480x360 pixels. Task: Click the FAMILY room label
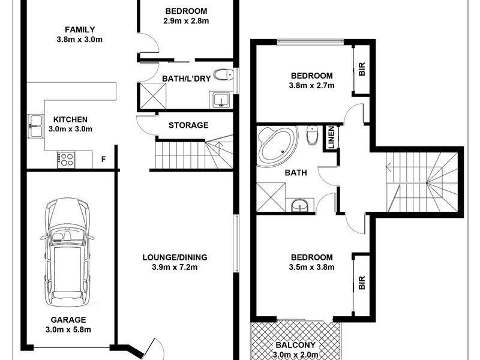tap(80, 30)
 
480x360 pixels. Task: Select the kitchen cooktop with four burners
tap(65, 160)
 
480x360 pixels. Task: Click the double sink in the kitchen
tap(35, 123)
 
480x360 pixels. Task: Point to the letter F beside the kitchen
tap(104, 160)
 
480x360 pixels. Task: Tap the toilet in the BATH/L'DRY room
tap(225, 75)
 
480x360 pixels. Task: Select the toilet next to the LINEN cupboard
tap(312, 136)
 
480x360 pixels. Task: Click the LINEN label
tap(330, 137)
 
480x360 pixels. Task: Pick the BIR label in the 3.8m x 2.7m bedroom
tap(362, 70)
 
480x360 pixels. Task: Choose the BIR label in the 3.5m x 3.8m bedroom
tap(362, 283)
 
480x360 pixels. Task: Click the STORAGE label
tap(188, 125)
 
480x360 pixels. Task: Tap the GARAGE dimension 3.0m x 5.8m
tap(67, 329)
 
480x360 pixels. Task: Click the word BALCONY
tap(294, 346)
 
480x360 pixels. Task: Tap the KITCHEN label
tap(70, 119)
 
